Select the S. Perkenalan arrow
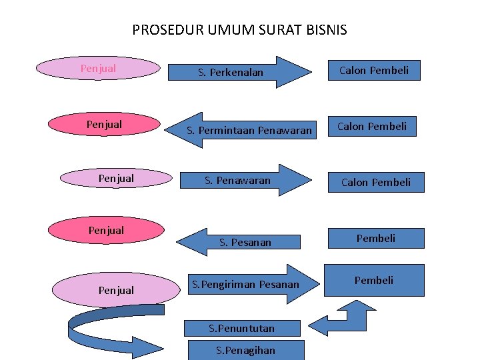[240, 72]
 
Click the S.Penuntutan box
[242, 328]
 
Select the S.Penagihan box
[246, 350]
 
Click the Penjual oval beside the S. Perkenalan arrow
[98, 68]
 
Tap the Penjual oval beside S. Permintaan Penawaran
[104, 125]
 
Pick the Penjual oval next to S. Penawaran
[115, 178]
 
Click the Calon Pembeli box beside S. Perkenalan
[374, 70]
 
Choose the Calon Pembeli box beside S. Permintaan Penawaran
[372, 126]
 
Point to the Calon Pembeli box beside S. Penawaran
[376, 182]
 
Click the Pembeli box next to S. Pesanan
[376, 238]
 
